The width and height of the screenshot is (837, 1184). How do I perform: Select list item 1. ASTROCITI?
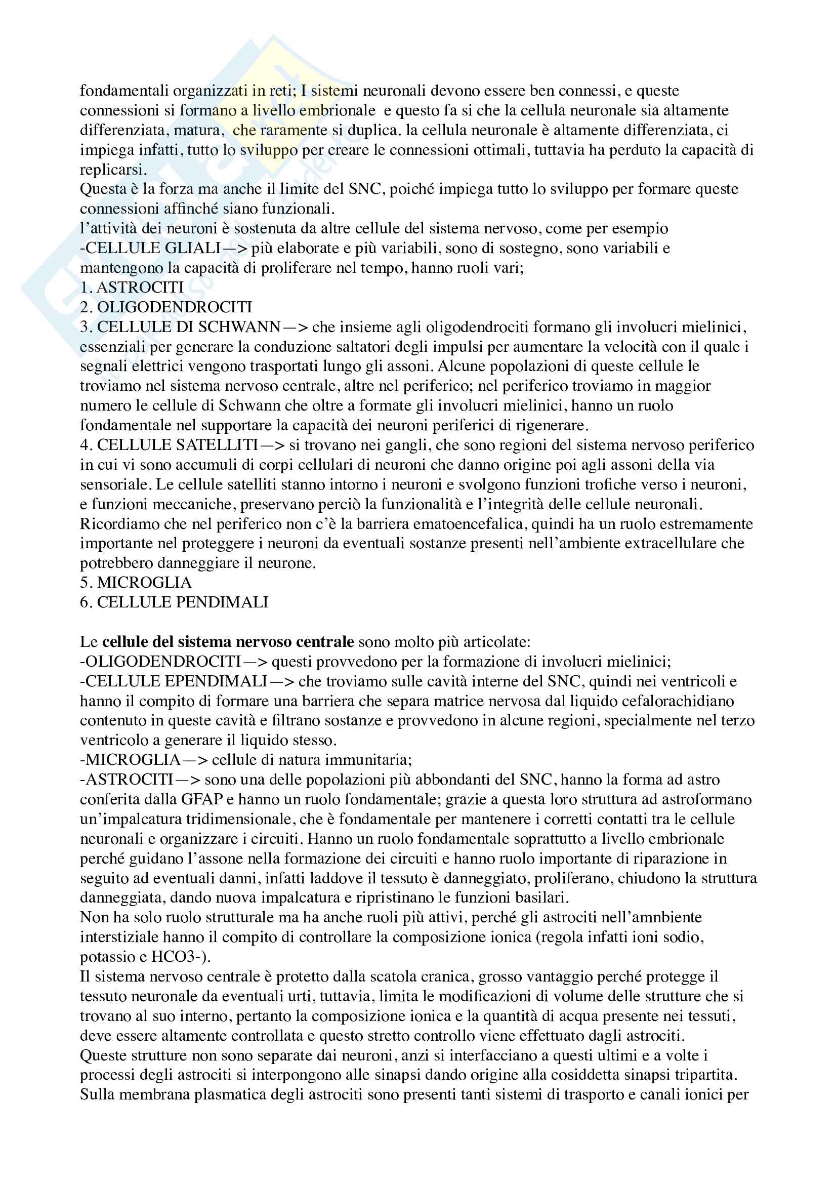[132, 287]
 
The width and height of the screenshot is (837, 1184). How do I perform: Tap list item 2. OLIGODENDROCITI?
[165, 307]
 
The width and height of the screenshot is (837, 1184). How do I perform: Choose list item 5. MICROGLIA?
[136, 583]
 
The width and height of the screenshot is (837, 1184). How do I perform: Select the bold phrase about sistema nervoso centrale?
[228, 642]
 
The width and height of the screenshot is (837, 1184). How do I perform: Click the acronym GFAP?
[201, 799]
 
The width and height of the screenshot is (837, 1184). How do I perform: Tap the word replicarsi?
[113, 170]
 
